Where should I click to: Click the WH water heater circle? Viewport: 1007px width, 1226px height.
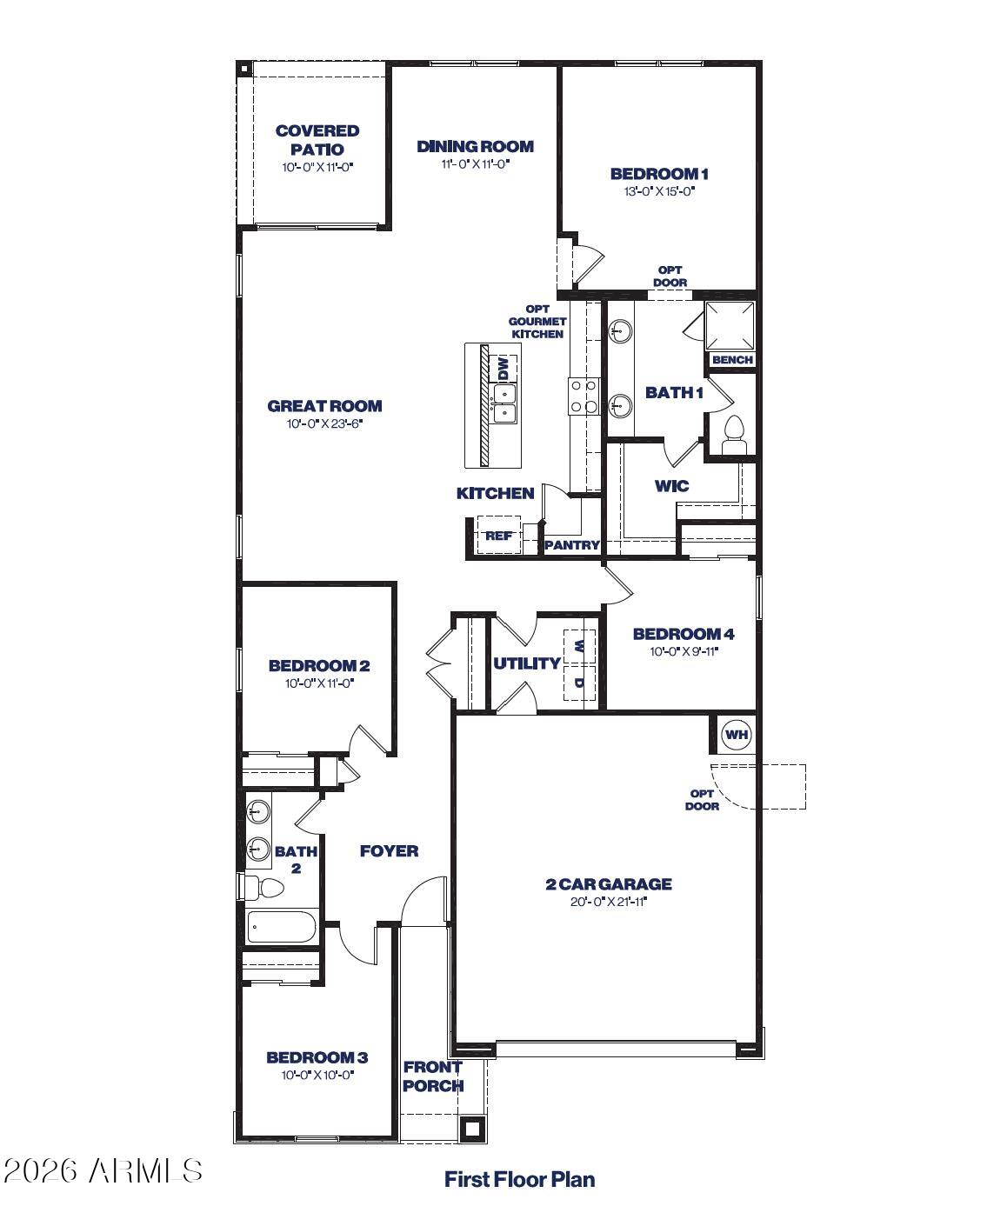click(x=736, y=734)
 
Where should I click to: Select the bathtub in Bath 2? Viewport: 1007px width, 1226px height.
click(x=282, y=927)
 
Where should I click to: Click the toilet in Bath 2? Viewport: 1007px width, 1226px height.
click(x=263, y=888)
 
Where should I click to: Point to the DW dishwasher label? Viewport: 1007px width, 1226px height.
click(x=504, y=368)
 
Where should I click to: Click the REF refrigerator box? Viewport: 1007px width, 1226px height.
click(x=498, y=535)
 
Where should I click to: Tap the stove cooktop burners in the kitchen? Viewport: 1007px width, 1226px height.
click(x=584, y=396)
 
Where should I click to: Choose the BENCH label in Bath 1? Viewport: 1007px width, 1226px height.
click(x=732, y=360)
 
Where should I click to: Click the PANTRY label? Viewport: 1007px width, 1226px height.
click(x=571, y=544)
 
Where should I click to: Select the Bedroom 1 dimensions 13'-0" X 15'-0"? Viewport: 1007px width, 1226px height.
click(x=659, y=191)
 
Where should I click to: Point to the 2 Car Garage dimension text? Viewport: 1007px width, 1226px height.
click(x=608, y=902)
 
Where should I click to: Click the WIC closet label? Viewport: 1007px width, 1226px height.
click(x=671, y=486)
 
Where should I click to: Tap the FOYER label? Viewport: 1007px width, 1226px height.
click(x=389, y=851)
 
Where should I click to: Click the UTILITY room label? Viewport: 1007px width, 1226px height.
click(x=527, y=663)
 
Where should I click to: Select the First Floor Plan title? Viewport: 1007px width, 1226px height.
click(x=519, y=1180)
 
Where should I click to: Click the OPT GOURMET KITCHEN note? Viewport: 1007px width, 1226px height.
click(x=537, y=322)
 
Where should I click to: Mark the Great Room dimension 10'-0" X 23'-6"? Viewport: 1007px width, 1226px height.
click(x=324, y=423)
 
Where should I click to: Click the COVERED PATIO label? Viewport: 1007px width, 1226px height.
click(x=317, y=140)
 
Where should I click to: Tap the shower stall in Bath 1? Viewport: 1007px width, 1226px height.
click(x=730, y=325)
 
